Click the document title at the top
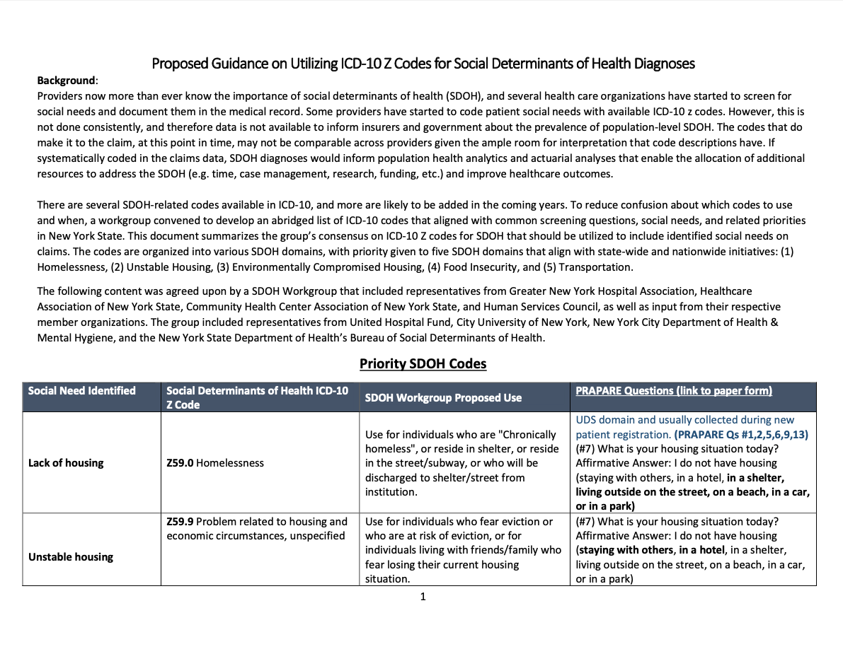(x=423, y=64)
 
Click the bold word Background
(x=66, y=81)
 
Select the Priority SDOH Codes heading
(x=423, y=364)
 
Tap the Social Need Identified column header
(x=81, y=391)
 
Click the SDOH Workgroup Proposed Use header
(x=443, y=398)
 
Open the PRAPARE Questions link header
(x=673, y=391)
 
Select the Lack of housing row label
(x=66, y=463)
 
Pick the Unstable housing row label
(x=71, y=557)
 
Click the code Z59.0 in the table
(x=180, y=463)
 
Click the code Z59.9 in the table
(x=180, y=522)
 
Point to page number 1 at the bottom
(x=423, y=597)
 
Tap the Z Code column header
(x=257, y=397)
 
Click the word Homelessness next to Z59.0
(x=230, y=463)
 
